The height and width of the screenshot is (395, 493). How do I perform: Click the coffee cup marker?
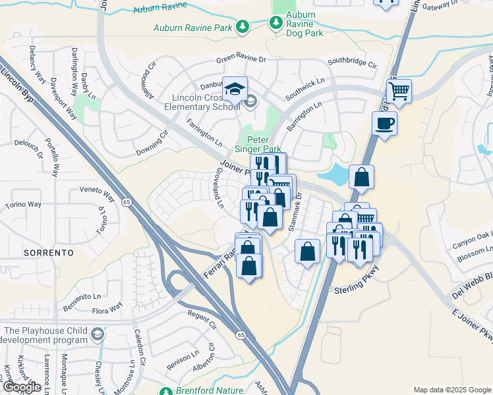tap(384, 123)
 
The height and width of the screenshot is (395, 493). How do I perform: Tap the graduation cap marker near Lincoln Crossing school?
tap(235, 90)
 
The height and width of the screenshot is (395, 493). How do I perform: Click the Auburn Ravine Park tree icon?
tap(243, 26)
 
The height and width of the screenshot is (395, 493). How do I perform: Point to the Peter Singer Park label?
tap(264, 144)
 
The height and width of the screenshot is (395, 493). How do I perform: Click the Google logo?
tap(21, 387)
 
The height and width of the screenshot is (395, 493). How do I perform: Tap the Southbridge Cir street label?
tap(352, 65)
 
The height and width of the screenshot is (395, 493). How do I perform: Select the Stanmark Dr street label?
tap(294, 211)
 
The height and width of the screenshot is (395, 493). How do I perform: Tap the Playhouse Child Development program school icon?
tap(99, 334)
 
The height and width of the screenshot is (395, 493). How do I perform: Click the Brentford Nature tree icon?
tap(169, 390)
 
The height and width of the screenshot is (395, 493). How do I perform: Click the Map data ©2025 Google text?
tap(451, 390)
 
